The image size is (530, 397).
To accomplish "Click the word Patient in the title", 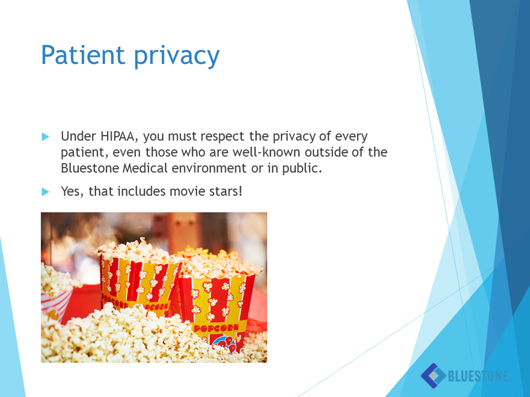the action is point(83,55).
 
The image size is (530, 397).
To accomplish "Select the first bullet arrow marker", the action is point(45,137).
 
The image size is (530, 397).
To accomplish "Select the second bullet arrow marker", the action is point(45,192).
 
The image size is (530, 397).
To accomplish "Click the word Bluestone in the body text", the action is point(90,168).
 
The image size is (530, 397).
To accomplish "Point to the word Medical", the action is point(145,168).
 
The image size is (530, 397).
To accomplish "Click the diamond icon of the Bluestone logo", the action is point(433,375).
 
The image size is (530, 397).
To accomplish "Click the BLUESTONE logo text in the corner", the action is point(478,375).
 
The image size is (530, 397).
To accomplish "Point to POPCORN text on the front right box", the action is point(216,328).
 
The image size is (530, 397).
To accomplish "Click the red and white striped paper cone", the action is point(56,304).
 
